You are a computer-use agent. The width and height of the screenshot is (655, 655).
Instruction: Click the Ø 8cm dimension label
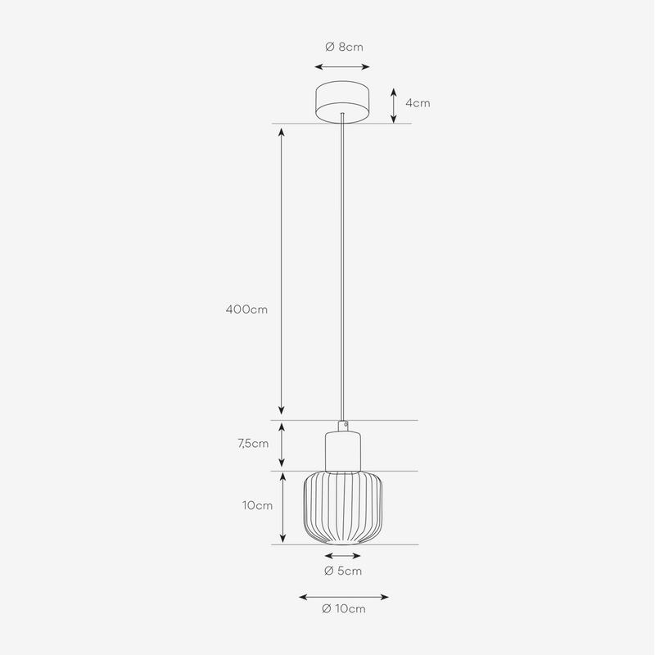[x=342, y=47]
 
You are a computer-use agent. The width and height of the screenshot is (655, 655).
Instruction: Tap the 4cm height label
[x=418, y=103]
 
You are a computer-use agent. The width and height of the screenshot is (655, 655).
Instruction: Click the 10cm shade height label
[x=257, y=505]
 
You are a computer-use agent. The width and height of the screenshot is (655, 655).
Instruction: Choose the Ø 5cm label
[x=342, y=570]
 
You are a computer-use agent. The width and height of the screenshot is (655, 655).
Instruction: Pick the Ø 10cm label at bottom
[x=344, y=608]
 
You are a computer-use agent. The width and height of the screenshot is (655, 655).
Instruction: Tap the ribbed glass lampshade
[x=343, y=508]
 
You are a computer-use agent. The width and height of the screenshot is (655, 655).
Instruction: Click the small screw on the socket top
[x=345, y=425]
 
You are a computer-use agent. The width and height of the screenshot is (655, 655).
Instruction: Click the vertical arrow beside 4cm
[x=394, y=103]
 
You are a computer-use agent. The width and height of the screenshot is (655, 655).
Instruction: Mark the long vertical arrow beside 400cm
[x=282, y=271]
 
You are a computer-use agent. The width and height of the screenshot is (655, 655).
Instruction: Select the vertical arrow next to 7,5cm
[x=282, y=445]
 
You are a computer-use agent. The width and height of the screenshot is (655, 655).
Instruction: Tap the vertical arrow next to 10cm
[x=282, y=507]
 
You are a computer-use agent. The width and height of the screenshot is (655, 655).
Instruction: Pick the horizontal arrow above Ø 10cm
[x=343, y=597]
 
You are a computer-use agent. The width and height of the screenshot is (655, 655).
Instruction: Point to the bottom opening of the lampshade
[x=342, y=542]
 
